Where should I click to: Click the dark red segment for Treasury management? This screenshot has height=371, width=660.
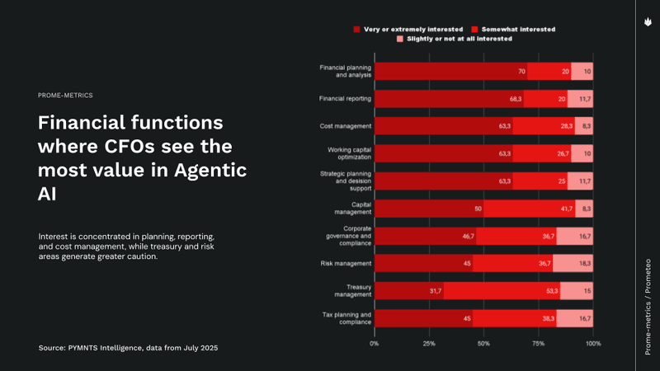tap(408, 291)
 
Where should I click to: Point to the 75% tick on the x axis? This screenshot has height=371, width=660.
tap(538, 342)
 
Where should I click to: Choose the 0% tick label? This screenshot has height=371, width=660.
tap(375, 342)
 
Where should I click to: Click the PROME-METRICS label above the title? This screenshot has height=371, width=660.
tap(65, 96)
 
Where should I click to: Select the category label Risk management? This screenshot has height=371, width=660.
tap(346, 264)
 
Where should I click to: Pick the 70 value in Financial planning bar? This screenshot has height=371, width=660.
tap(521, 72)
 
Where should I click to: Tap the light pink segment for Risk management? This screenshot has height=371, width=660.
tap(573, 264)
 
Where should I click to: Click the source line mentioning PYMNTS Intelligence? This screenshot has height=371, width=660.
tap(129, 349)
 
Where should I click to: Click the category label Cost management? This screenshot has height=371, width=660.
tap(346, 126)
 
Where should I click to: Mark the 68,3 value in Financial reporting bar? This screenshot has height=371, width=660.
tap(516, 99)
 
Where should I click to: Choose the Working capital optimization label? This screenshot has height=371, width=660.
tap(346, 153)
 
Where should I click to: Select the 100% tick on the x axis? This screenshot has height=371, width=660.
tap(592, 342)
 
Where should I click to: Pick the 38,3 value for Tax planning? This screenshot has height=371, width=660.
tap(548, 319)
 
